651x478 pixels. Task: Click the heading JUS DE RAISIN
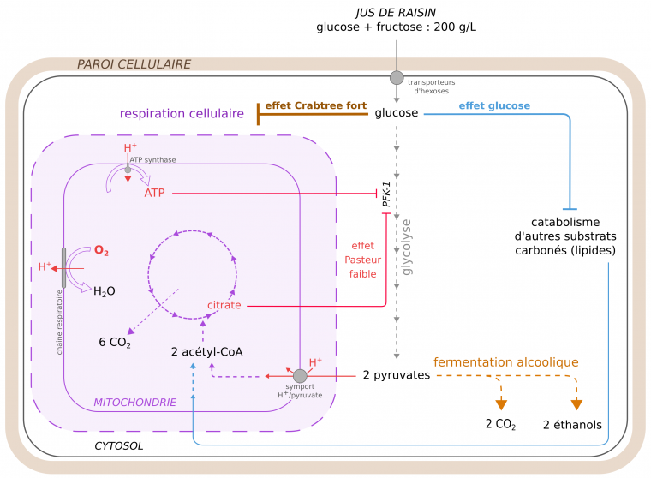point(396,11)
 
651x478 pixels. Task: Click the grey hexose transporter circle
point(397,78)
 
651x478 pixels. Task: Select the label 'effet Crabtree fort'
point(315,106)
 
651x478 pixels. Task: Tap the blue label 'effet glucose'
point(494,106)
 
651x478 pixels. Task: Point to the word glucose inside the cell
point(397,112)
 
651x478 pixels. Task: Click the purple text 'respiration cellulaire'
point(182,113)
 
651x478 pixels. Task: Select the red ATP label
point(155,194)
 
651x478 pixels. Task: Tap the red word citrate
point(224,305)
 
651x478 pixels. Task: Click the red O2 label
point(101,251)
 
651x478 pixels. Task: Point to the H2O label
point(104,291)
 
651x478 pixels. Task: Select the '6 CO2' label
point(114,344)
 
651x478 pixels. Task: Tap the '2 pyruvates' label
point(390,375)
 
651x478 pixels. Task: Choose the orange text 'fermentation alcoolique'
point(505,362)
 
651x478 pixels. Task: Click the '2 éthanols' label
point(572,425)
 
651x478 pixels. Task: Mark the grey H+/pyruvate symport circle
point(300,376)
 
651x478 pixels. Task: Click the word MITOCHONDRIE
point(134,401)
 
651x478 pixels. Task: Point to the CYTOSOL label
point(118,446)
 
